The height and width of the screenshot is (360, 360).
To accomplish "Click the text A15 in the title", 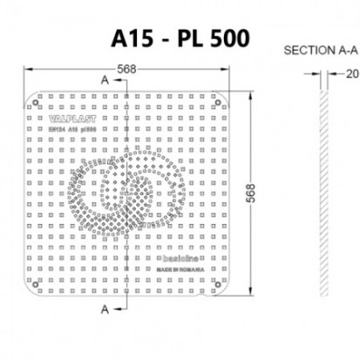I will pos(135,38).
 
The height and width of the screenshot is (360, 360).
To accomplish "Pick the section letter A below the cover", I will pos(105,309).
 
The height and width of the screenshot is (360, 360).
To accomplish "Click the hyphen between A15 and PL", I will pos(169,40).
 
